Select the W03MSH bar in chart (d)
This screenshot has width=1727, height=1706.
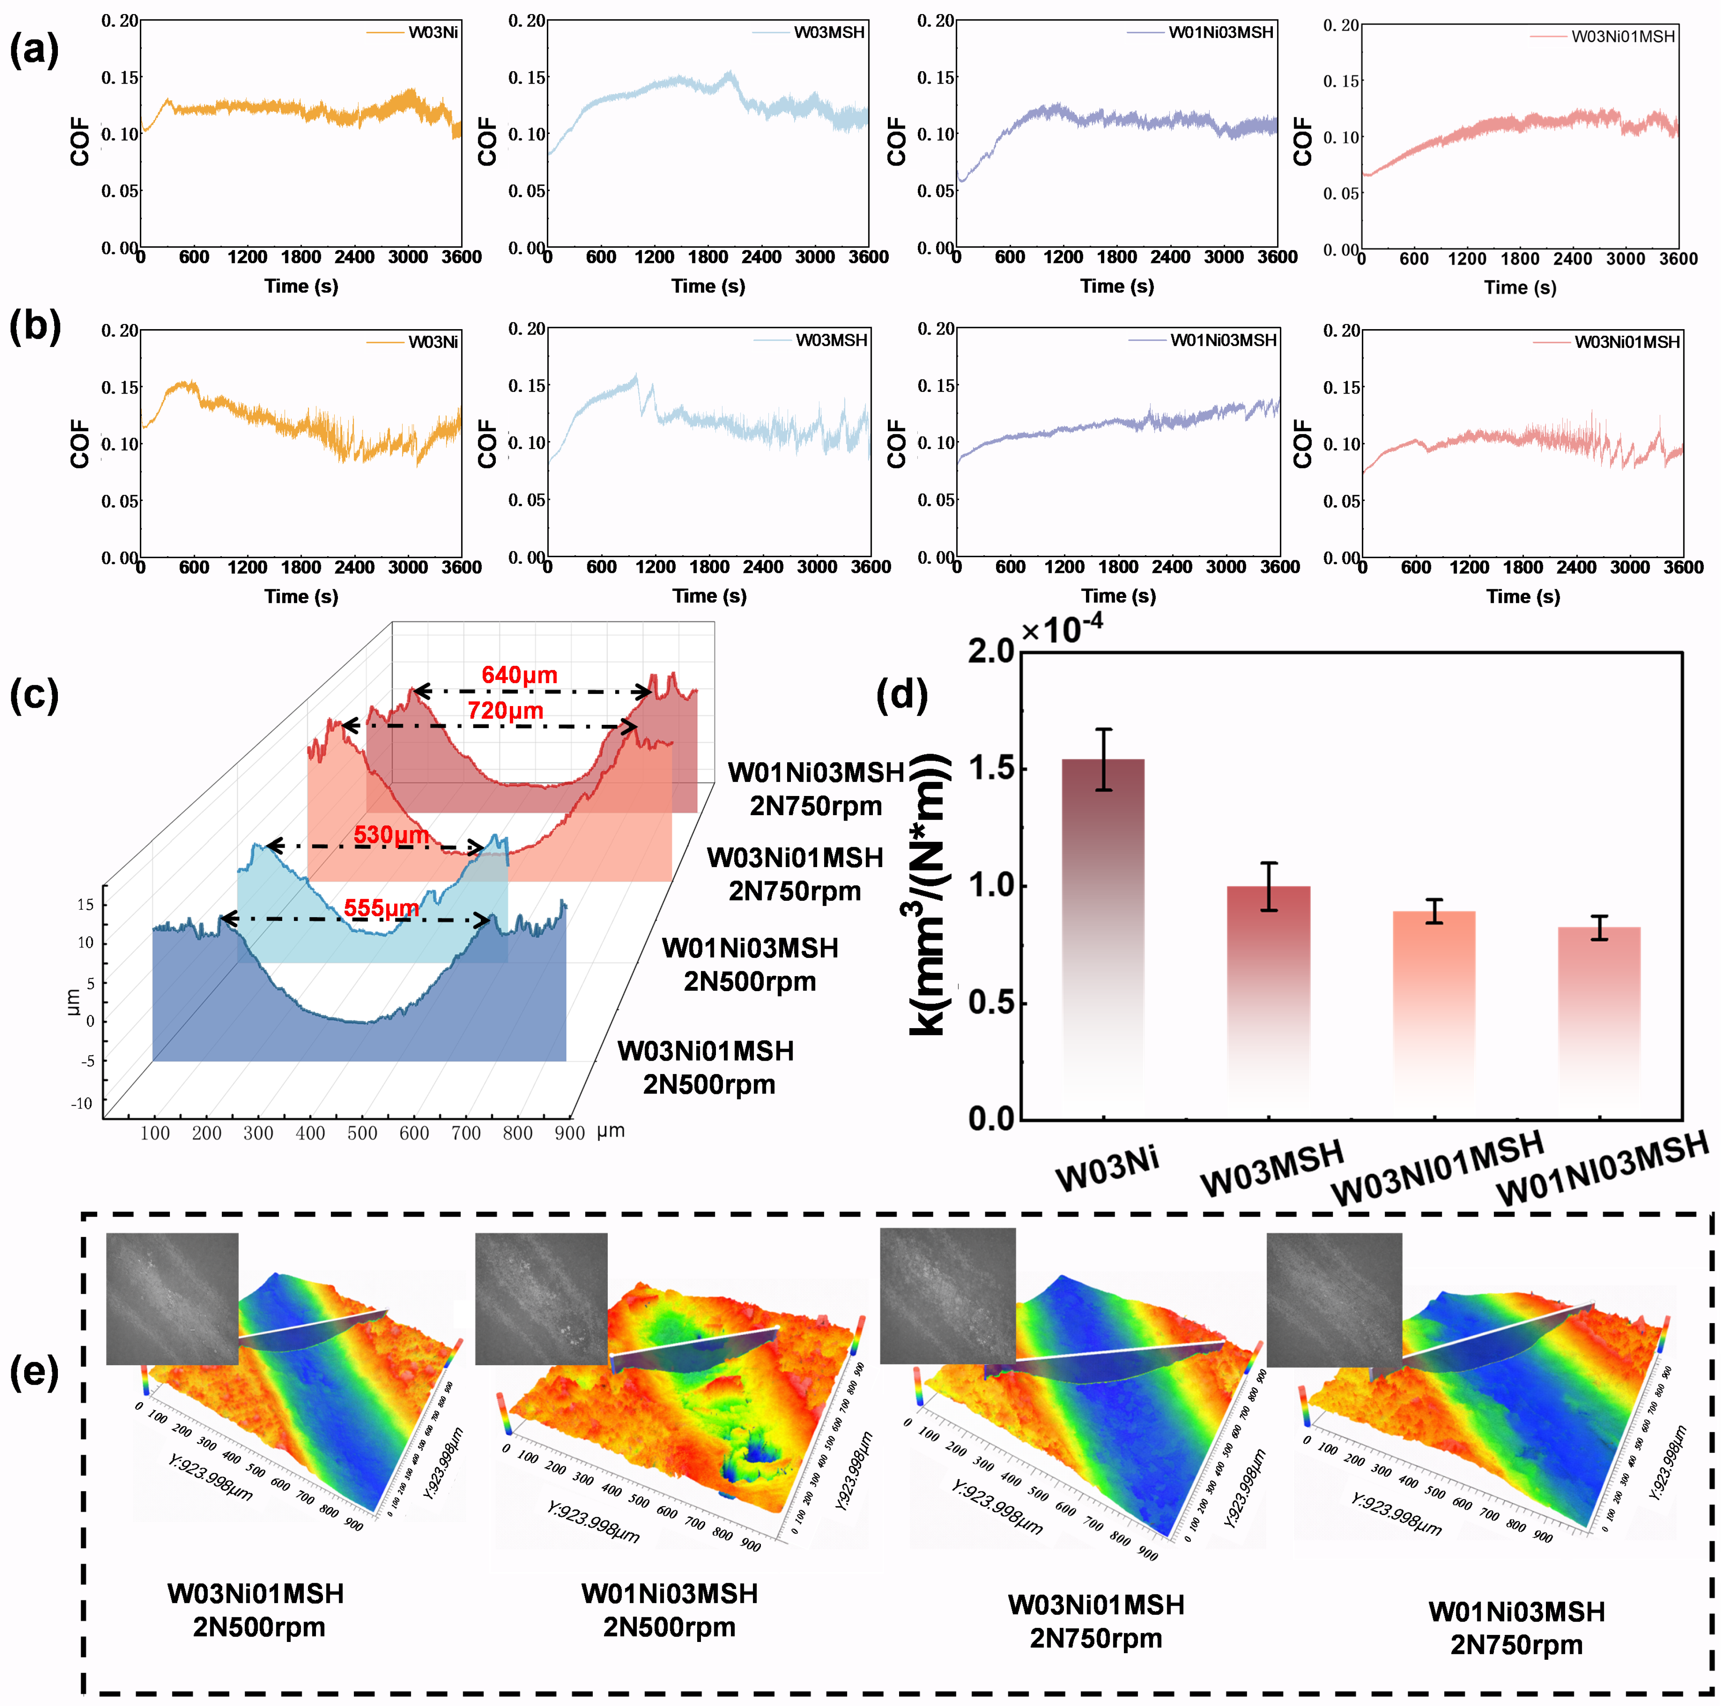[x=1268, y=1001]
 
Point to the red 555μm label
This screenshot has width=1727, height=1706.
[x=382, y=908]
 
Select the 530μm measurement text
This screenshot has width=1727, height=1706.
[x=392, y=835]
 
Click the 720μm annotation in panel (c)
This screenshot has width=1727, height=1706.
[x=505, y=710]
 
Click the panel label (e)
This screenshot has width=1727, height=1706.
[x=34, y=1370]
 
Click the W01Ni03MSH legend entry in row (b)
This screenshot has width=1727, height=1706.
[x=1223, y=340]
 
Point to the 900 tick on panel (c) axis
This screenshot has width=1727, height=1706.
[x=569, y=1133]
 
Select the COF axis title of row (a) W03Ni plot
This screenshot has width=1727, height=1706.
[x=80, y=141]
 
